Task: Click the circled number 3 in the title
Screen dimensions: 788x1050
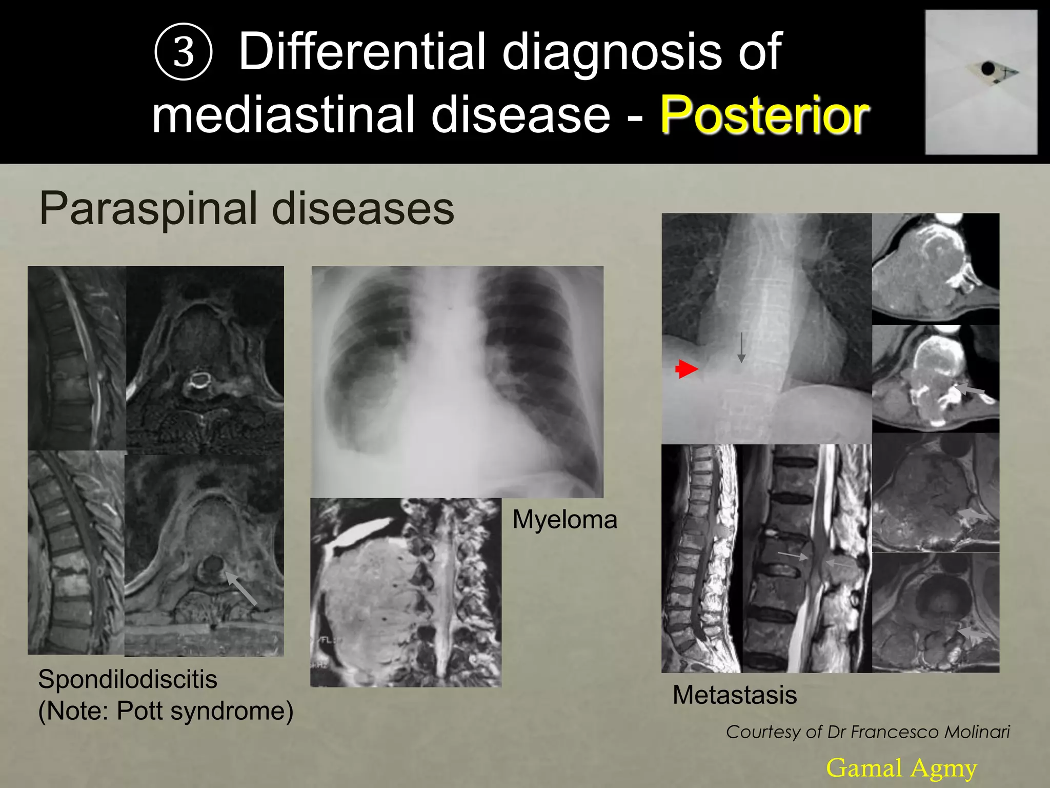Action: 183,52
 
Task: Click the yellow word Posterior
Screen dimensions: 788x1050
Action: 764,115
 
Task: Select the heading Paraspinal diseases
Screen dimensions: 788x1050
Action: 247,208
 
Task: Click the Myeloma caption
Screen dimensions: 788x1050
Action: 564,520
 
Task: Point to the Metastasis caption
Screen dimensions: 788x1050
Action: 734,695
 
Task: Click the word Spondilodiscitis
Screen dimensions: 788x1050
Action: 128,679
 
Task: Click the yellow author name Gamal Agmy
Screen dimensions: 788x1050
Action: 901,768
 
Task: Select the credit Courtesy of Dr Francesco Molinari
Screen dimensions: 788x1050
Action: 867,732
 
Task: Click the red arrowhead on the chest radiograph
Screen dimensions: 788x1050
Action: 687,369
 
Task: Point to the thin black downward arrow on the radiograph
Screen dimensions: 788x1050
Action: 741,347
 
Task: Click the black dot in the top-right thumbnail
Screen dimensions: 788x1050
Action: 987,68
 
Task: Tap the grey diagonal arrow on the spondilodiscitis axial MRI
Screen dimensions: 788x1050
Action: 241,589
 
